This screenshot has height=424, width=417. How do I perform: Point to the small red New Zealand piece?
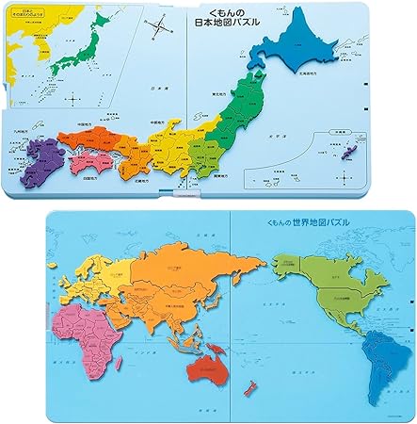click(250, 387)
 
